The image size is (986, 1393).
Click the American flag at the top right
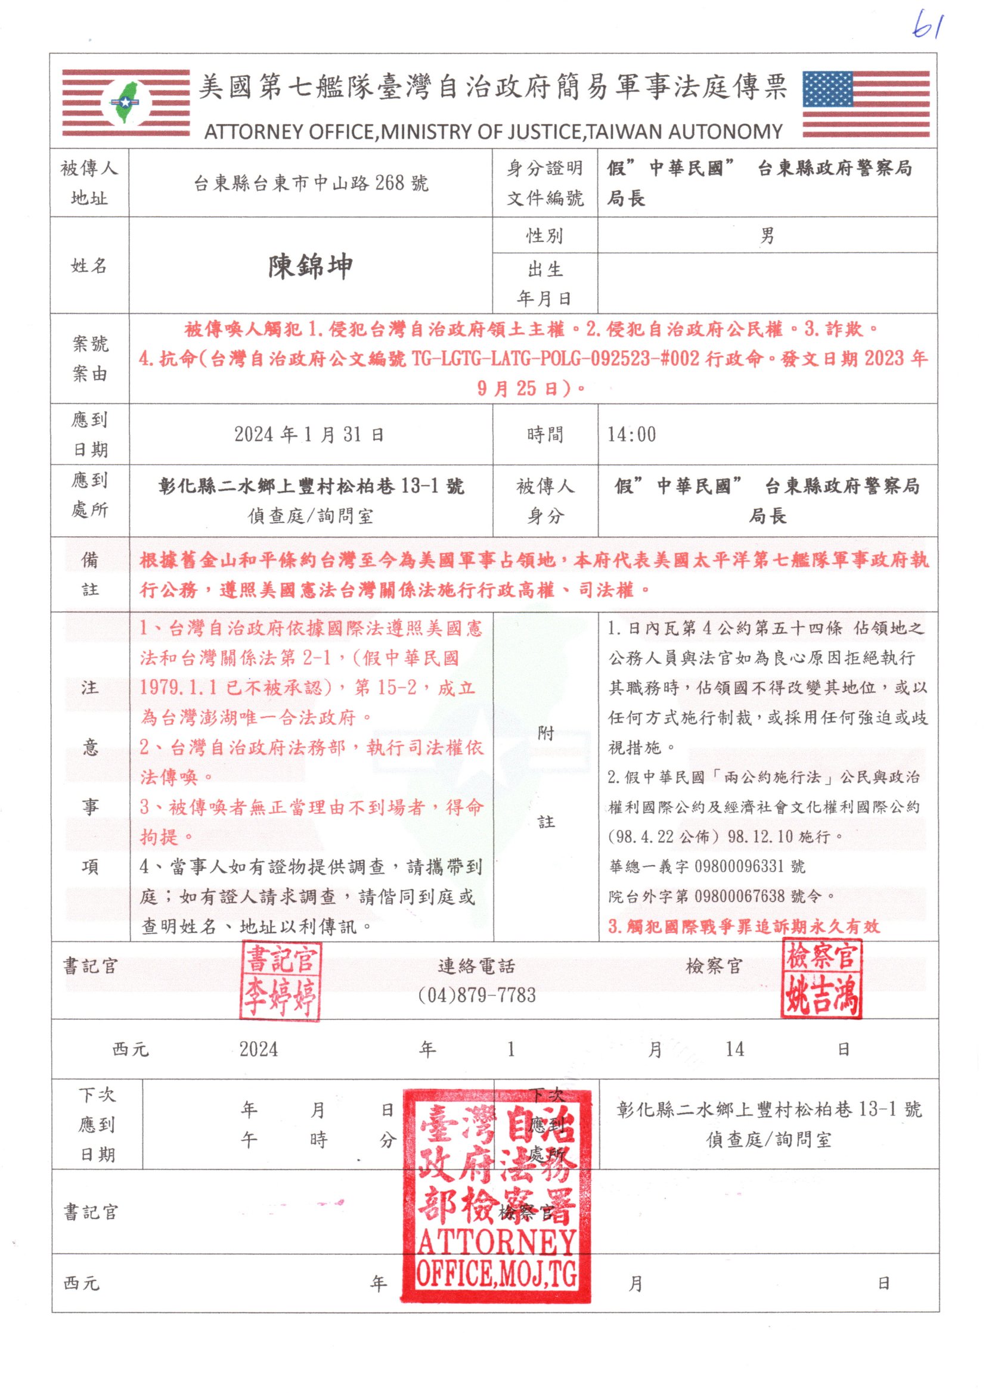(866, 104)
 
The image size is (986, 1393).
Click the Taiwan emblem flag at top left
(126, 103)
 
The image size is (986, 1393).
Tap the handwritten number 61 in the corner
(927, 25)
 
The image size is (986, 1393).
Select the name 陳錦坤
(310, 266)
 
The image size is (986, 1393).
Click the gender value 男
(767, 235)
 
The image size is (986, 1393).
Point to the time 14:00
(631, 434)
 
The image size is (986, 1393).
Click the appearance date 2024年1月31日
(309, 434)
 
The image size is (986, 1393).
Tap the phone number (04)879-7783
(477, 996)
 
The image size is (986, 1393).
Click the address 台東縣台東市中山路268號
(311, 183)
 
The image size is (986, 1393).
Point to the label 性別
(545, 235)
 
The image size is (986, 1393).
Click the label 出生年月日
(545, 284)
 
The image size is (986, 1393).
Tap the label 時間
(545, 434)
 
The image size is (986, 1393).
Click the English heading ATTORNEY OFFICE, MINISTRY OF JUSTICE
(493, 132)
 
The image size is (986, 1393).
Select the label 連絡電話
(477, 966)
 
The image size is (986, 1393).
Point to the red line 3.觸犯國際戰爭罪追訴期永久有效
(744, 926)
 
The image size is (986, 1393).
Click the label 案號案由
(90, 359)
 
